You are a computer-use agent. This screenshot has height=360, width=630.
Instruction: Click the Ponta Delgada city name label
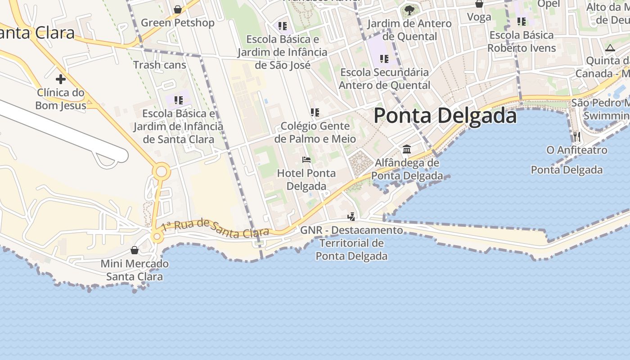coord(445,116)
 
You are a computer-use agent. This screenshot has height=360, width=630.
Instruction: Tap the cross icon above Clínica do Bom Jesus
coord(61,80)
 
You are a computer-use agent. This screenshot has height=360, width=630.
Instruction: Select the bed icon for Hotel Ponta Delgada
coord(306,160)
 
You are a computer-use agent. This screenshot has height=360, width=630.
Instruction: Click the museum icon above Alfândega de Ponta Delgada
coord(407,149)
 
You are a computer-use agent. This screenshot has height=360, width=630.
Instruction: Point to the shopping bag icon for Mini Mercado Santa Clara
coord(135,250)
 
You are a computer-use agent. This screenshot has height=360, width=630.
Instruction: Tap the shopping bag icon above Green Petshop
coord(178,9)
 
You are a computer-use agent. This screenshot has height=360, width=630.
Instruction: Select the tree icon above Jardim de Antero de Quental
coord(409,10)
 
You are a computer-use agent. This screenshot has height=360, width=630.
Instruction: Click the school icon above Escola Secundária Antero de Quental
coord(384,58)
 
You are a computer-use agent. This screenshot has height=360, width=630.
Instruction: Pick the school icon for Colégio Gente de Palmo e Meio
coord(315,112)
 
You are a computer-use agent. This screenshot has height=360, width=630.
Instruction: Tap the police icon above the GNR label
coord(351,217)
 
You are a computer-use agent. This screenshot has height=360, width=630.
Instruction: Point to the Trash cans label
coord(159,65)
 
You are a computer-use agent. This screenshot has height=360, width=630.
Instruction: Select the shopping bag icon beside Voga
coord(479,4)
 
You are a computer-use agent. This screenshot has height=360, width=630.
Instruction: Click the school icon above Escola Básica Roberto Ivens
coord(522,22)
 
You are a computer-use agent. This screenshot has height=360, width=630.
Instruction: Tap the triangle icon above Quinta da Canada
coord(610,48)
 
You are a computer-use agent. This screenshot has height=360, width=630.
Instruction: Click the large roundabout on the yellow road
coord(161,172)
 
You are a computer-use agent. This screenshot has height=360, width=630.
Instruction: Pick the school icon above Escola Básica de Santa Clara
coord(179,100)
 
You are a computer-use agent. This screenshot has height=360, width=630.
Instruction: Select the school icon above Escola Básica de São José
coord(283,26)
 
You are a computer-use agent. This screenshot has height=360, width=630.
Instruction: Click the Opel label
coord(549,4)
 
